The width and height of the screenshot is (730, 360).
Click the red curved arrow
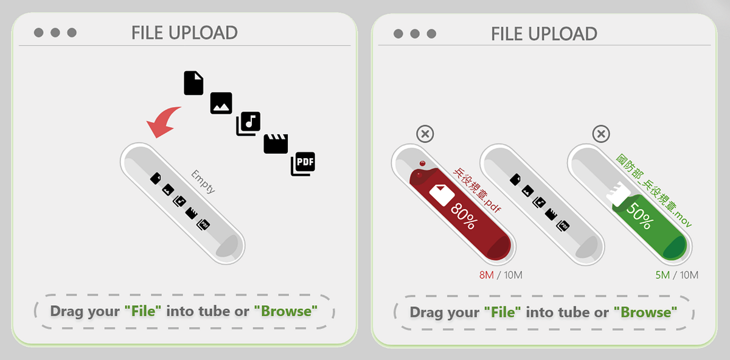pyautogui.click(x=163, y=123)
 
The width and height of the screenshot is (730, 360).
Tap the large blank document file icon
pyautogui.click(x=193, y=83)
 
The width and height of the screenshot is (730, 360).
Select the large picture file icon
pyautogui.click(x=221, y=103)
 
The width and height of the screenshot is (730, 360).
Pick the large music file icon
pyautogui.click(x=248, y=124)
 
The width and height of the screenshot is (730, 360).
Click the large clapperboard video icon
pyautogui.click(x=276, y=144)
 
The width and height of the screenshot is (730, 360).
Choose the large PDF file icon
pyautogui.click(x=303, y=164)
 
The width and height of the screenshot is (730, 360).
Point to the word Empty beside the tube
pyautogui.click(x=203, y=182)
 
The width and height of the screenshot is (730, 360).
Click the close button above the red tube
pyautogui.click(x=425, y=134)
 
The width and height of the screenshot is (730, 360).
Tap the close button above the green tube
pyautogui.click(x=601, y=134)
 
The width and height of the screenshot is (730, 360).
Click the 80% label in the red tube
pyautogui.click(x=464, y=216)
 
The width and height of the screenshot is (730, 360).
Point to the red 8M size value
pyautogui.click(x=486, y=275)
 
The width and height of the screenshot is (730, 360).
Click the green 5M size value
pyautogui.click(x=662, y=275)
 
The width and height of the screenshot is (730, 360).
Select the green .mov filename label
pyautogui.click(x=654, y=190)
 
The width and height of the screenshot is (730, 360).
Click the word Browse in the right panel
pyautogui.click(x=645, y=313)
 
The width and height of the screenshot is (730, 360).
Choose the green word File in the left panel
pyautogui.click(x=144, y=311)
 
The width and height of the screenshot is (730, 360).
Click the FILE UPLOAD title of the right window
pyautogui.click(x=544, y=33)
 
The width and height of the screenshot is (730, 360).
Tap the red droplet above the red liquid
pyautogui.click(x=422, y=164)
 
